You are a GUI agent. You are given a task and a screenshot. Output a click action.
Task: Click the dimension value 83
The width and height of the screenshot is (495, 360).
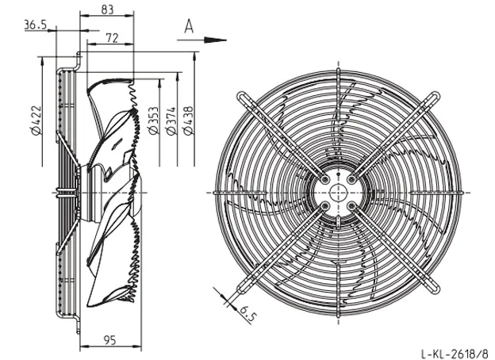point(107,10)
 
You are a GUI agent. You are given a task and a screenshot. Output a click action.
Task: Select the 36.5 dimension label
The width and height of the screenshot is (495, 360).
point(36,25)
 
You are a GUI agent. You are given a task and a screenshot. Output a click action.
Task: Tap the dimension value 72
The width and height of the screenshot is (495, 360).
point(112,38)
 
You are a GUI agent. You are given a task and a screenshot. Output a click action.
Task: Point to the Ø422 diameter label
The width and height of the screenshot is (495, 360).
point(36,121)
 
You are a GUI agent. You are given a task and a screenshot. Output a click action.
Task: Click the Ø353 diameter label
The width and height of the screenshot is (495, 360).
point(154,121)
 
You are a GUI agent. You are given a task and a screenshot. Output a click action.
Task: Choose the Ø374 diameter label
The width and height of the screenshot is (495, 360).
point(171,121)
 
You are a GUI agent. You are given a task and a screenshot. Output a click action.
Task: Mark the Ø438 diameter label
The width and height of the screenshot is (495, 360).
point(188,121)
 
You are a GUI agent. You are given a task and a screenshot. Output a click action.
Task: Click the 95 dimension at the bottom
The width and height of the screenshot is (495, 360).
point(109,340)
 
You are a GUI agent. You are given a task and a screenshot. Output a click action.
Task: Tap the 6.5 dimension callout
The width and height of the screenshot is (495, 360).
point(247,313)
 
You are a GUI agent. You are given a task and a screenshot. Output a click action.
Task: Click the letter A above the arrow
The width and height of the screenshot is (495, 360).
point(189,26)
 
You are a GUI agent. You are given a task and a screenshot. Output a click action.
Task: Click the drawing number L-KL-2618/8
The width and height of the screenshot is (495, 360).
point(455,353)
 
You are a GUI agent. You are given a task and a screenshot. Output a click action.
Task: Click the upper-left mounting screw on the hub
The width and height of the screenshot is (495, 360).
point(325,179)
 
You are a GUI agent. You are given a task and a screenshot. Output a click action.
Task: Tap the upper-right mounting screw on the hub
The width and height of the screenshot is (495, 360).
point(351,179)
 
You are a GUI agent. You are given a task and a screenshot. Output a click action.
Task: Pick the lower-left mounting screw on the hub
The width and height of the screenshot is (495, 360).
point(325,206)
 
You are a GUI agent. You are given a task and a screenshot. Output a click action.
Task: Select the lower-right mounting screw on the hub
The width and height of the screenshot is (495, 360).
point(351,206)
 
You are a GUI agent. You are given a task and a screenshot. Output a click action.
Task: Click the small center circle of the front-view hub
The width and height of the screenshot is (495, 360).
point(339,193)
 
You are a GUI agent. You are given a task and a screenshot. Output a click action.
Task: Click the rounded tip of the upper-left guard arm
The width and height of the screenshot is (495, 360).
point(241,96)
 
